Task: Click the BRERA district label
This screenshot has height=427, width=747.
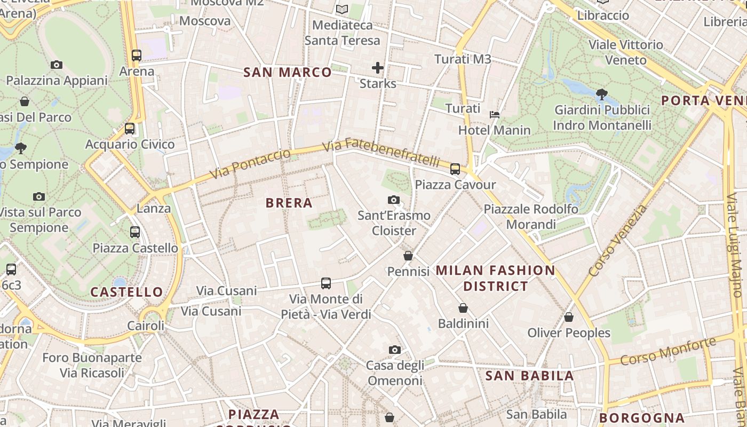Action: pyautogui.click(x=289, y=203)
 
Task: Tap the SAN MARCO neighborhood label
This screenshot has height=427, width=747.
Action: pyautogui.click(x=288, y=73)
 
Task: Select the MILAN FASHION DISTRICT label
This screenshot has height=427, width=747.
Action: pyautogui.click(x=495, y=278)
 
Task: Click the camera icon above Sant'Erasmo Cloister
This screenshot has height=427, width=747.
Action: pyautogui.click(x=394, y=200)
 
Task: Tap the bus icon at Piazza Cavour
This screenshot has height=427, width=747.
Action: pyautogui.click(x=455, y=169)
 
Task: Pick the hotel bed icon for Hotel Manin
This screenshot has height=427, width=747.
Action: pyautogui.click(x=495, y=114)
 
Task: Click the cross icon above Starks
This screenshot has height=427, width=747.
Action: pyautogui.click(x=378, y=68)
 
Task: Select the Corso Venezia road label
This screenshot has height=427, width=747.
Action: pyautogui.click(x=618, y=241)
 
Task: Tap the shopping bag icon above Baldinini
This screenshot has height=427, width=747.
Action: pyautogui.click(x=463, y=308)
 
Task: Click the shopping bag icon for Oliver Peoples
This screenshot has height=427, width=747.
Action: pyautogui.click(x=569, y=317)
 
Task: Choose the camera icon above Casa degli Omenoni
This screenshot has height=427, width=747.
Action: pyautogui.click(x=395, y=350)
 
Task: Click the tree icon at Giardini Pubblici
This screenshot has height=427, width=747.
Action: pyautogui.click(x=602, y=94)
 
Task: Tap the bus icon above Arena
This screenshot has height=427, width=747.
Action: pyautogui.click(x=137, y=55)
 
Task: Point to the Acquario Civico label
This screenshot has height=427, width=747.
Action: pyautogui.click(x=130, y=144)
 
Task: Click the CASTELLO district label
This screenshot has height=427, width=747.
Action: pyautogui.click(x=126, y=292)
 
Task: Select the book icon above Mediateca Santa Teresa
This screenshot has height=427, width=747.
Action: pyautogui.click(x=342, y=9)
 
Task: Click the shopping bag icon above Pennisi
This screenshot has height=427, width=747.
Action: pyautogui.click(x=408, y=256)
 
